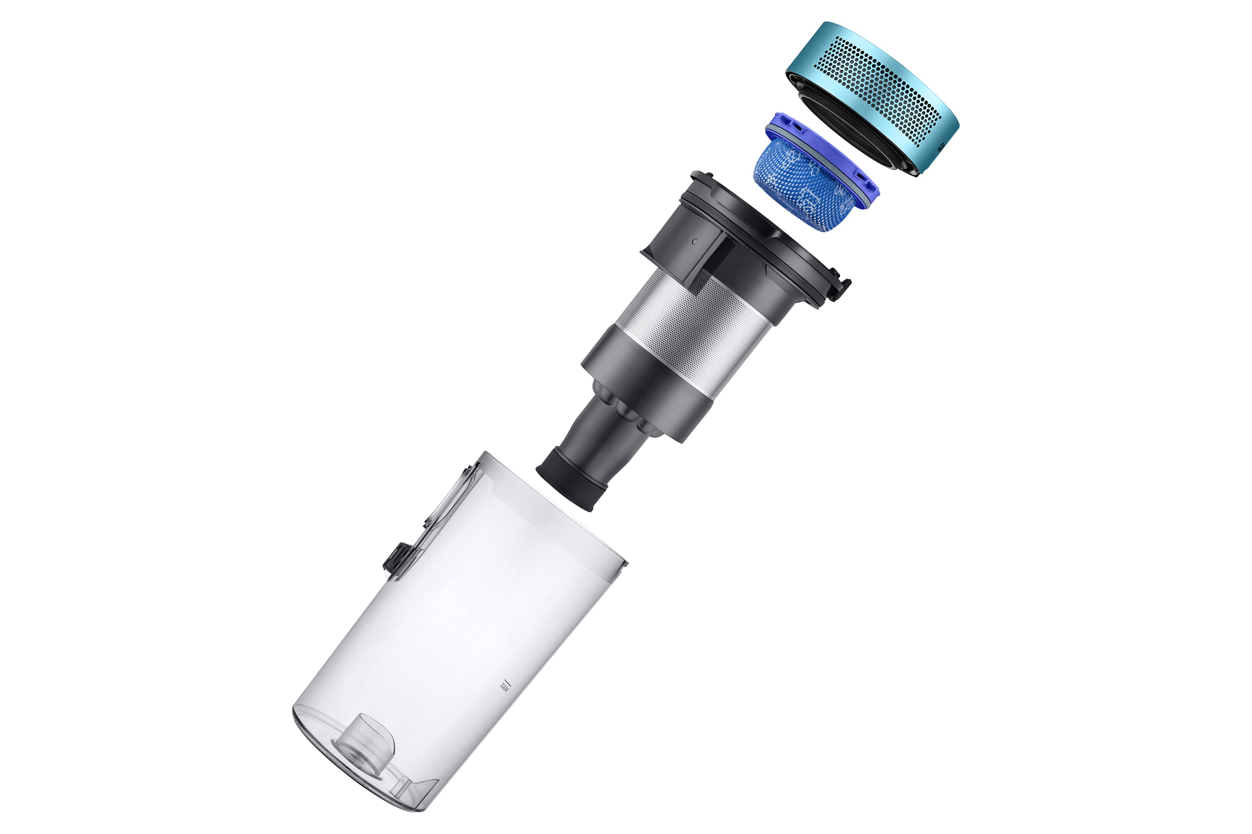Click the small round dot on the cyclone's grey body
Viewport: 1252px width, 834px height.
(x=695, y=241)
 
